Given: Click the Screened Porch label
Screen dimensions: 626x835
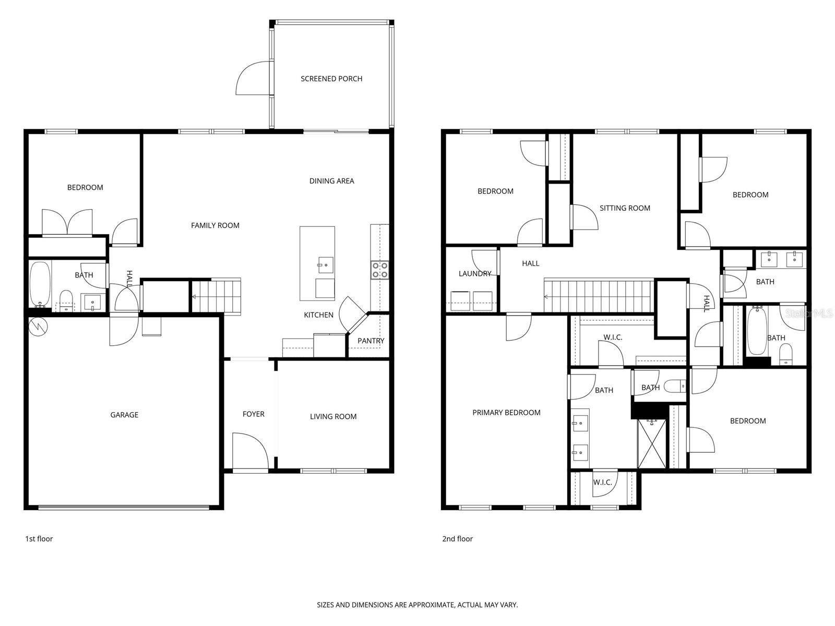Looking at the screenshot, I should [331, 79].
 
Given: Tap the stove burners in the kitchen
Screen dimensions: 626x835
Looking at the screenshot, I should [379, 270].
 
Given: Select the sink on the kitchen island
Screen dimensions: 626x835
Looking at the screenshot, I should [325, 264].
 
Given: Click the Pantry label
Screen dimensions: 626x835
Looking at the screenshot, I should [371, 341].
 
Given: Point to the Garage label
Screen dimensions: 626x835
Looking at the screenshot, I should [124, 415].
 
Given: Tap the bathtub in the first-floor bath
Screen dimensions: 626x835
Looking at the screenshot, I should [40, 284].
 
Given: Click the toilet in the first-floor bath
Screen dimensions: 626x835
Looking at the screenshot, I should [66, 299].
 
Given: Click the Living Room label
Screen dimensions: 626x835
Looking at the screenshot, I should [333, 416].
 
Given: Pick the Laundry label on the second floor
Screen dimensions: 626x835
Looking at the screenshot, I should [474, 273].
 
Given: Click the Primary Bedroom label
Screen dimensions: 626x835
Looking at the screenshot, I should [506, 413].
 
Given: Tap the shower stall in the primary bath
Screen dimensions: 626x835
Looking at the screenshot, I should [652, 443].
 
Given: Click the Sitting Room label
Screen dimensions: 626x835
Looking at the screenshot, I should [625, 208].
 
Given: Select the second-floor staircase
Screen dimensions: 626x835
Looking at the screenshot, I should [599, 296].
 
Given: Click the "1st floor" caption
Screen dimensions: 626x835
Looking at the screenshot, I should [39, 539].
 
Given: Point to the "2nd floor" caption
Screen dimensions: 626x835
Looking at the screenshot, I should [457, 539].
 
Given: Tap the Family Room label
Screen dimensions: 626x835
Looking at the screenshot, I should [215, 225].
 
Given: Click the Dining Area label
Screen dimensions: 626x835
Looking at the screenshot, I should [331, 181].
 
